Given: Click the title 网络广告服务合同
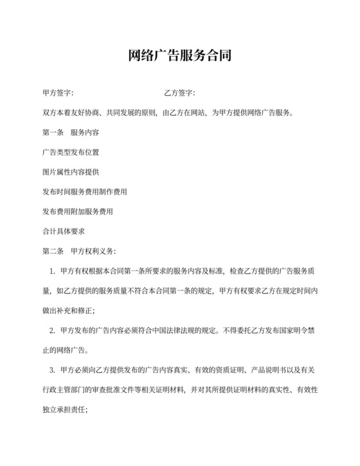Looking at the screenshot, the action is pyautogui.click(x=180, y=57).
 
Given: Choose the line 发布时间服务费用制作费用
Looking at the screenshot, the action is pyautogui.click(x=85, y=192).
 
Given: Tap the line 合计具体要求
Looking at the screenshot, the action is pyautogui.click(x=64, y=231).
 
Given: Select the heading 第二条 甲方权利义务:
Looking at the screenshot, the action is pyautogui.click(x=79, y=250).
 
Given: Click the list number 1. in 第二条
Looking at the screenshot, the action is pyautogui.click(x=52, y=272).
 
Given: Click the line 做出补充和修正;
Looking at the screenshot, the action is pyautogui.click(x=68, y=311).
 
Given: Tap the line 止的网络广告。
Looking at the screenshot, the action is pyautogui.click(x=66, y=351).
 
